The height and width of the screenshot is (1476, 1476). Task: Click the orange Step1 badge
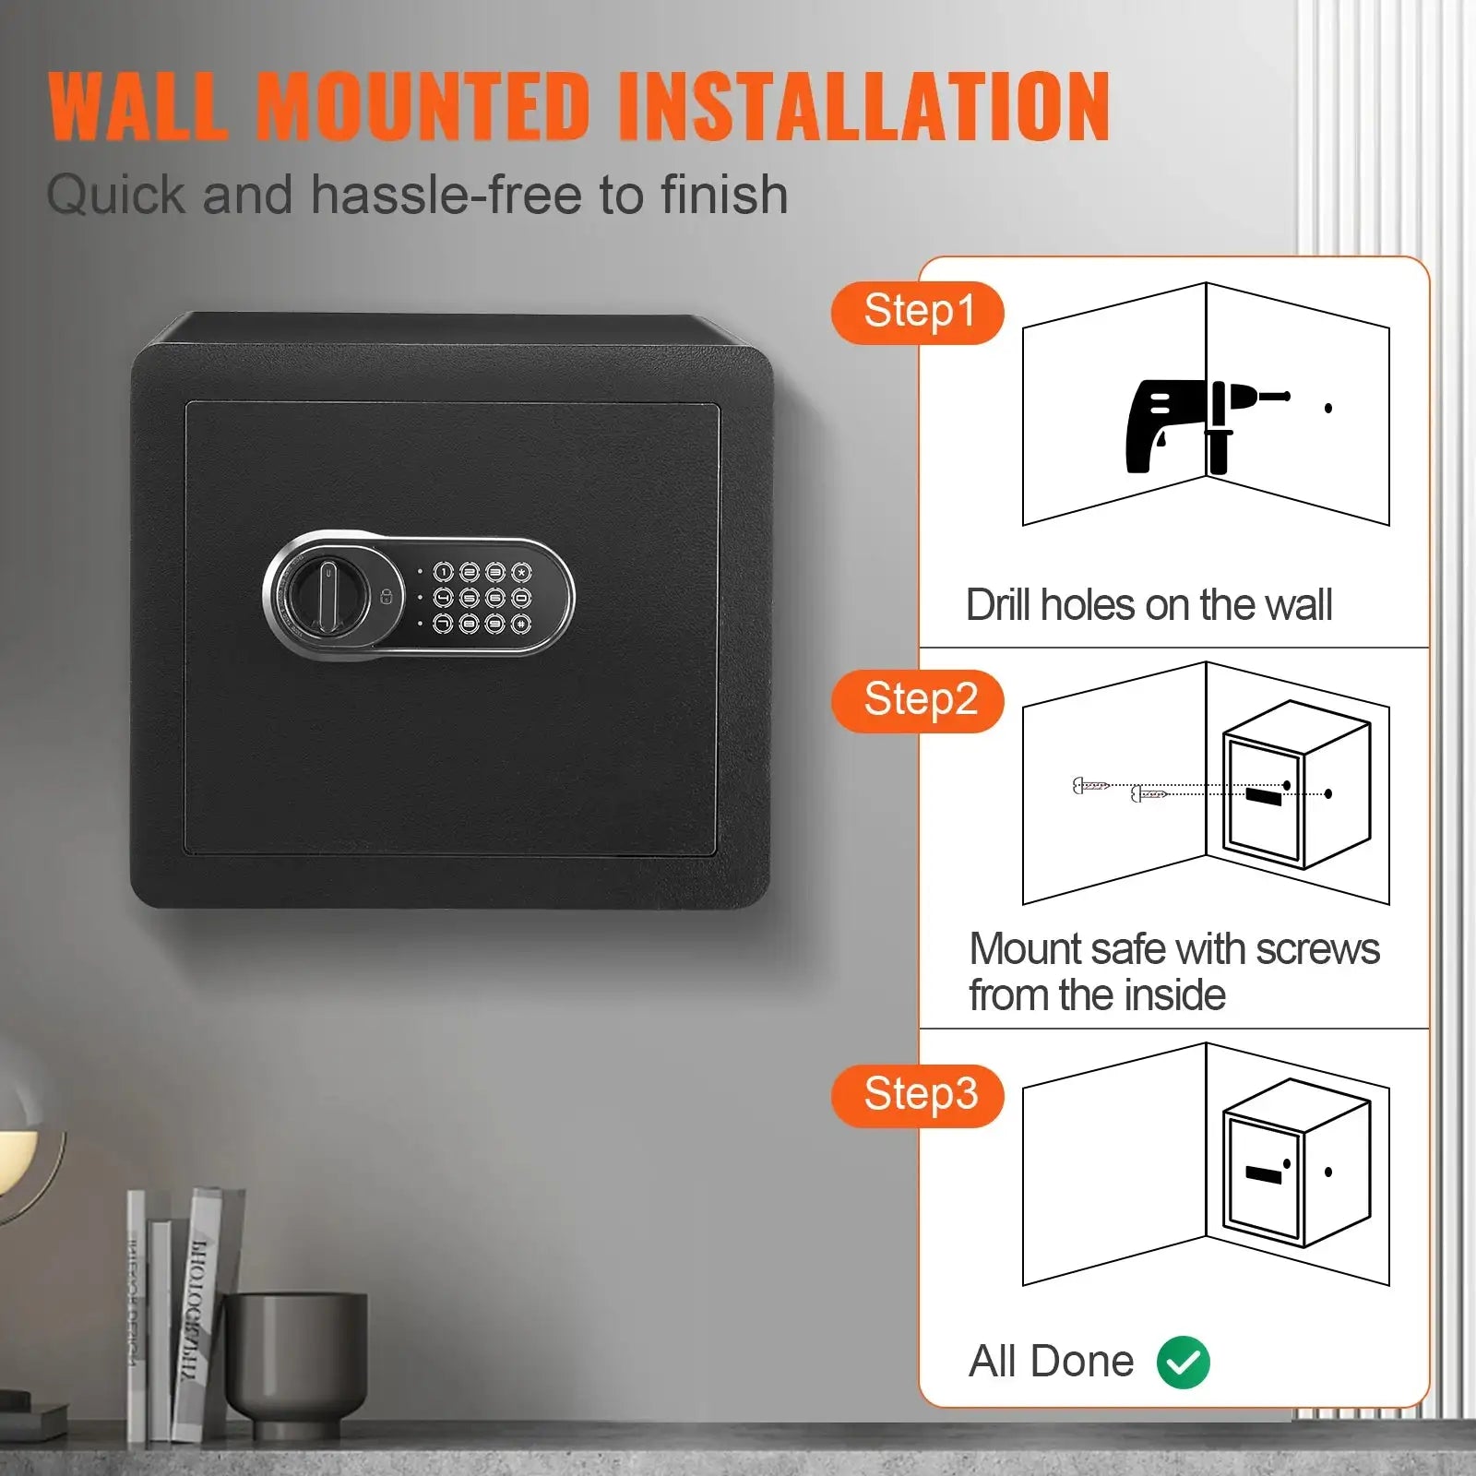(x=918, y=313)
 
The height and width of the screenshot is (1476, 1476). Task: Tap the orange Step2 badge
(x=918, y=701)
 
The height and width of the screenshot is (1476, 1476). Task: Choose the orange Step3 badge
(x=918, y=1096)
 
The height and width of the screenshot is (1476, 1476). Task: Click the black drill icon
(x=1199, y=424)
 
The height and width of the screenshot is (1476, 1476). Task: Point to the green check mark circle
(x=1183, y=1362)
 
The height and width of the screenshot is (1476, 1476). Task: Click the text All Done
(x=1051, y=1362)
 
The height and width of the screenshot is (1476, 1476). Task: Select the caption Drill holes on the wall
(x=1149, y=605)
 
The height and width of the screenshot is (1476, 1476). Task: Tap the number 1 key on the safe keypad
(x=444, y=573)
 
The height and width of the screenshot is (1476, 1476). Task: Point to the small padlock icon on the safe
(x=387, y=597)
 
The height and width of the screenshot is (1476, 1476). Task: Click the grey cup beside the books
(x=295, y=1361)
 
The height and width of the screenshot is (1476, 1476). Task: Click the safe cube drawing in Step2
(x=1296, y=784)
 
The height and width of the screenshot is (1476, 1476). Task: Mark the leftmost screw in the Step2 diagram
(x=1090, y=786)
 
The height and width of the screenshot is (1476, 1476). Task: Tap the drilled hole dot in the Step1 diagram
(x=1328, y=408)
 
